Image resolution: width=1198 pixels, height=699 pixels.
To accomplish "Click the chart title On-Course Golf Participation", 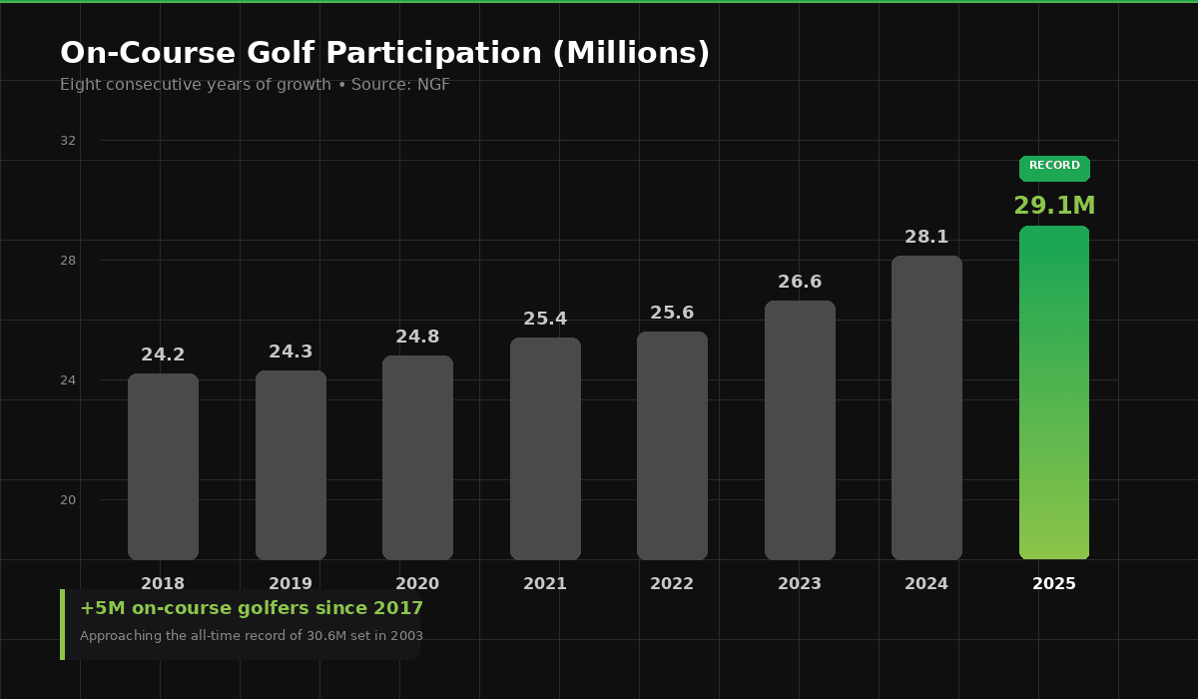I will coord(384,54).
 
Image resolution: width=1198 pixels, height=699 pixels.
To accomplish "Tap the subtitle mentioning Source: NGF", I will coord(255,85).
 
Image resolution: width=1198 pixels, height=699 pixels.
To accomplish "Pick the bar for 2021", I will coord(545,448).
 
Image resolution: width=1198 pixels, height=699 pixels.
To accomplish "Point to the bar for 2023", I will coord(800,430).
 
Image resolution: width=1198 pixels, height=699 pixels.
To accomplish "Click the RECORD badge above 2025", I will coord(1054,167).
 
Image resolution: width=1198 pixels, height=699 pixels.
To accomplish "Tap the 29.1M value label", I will coord(1054,207).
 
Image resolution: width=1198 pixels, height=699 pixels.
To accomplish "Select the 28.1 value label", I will coord(926,238).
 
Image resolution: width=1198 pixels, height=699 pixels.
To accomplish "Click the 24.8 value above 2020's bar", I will coord(417,338).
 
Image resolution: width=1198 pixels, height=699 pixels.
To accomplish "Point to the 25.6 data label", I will coord(672,314).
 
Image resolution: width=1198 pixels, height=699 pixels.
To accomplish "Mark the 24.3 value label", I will coord(291,352).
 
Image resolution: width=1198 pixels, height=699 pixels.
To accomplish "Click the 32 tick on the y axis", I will coord(68,141).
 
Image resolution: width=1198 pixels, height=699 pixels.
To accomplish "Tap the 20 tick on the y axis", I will coord(68,500).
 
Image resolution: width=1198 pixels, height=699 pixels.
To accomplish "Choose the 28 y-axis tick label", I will coord(68,261).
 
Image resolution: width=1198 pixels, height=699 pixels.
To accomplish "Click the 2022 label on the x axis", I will coord(672,584).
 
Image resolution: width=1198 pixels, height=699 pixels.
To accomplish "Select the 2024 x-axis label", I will coord(926,584).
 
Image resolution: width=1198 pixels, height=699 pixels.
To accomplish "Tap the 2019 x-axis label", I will coord(291,584).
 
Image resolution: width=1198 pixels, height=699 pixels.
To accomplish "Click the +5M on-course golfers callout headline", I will coord(252,608).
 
